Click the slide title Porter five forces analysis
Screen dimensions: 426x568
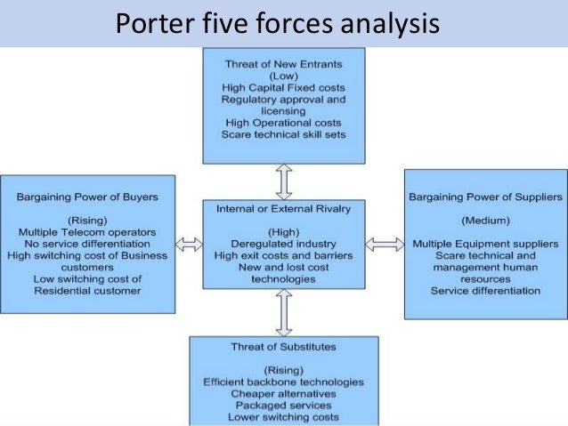point(277,23)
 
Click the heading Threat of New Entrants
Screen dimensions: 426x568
point(283,64)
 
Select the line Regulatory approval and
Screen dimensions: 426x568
point(283,101)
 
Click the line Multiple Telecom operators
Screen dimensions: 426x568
point(90,230)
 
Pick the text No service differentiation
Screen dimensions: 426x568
point(90,243)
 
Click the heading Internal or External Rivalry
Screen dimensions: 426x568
point(284,211)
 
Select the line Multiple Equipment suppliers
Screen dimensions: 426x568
point(484,243)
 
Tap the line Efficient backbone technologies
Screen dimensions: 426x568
point(283,382)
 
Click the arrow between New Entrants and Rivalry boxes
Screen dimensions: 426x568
point(284,181)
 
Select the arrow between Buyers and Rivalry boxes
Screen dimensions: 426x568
point(189,243)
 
